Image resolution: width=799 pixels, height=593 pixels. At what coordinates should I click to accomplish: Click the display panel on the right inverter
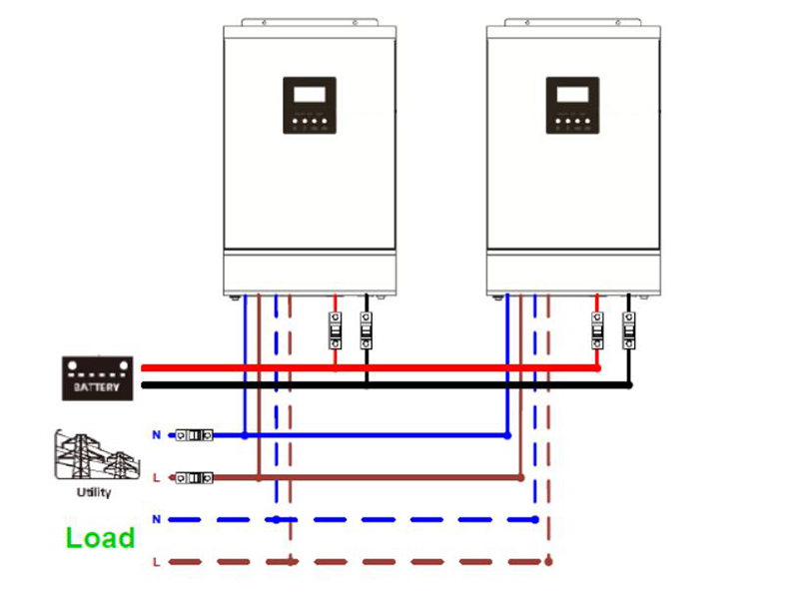click(x=572, y=105)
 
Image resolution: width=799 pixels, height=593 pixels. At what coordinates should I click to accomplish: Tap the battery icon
click(x=97, y=378)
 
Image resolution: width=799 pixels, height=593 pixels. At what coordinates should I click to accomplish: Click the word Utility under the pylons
click(x=94, y=492)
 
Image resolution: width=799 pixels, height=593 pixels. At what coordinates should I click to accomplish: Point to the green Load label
click(x=100, y=538)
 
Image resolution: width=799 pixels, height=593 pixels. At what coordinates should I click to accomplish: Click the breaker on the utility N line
click(x=194, y=435)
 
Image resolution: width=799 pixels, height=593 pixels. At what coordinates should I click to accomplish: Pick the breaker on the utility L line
click(x=194, y=478)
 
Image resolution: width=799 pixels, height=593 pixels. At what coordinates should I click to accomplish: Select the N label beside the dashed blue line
click(x=156, y=520)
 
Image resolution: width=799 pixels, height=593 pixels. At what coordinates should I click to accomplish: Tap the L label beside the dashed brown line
click(x=156, y=563)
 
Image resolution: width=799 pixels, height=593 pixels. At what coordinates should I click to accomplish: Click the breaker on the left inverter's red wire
click(x=335, y=330)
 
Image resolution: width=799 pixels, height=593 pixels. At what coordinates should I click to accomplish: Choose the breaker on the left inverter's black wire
click(x=366, y=330)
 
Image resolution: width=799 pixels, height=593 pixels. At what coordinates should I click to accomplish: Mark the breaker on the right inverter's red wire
click(x=598, y=330)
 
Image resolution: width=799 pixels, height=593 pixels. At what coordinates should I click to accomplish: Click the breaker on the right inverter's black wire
click(x=628, y=330)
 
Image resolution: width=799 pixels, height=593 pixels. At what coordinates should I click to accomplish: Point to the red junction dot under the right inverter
click(x=598, y=367)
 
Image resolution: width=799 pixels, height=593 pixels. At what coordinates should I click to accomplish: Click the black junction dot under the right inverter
click(x=629, y=384)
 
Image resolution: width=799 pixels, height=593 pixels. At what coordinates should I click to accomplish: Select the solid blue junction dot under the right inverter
click(x=507, y=435)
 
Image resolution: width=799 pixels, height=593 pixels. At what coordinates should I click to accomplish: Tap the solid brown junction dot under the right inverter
click(x=521, y=478)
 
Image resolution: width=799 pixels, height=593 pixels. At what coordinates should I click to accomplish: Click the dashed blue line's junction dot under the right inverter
click(x=536, y=519)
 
